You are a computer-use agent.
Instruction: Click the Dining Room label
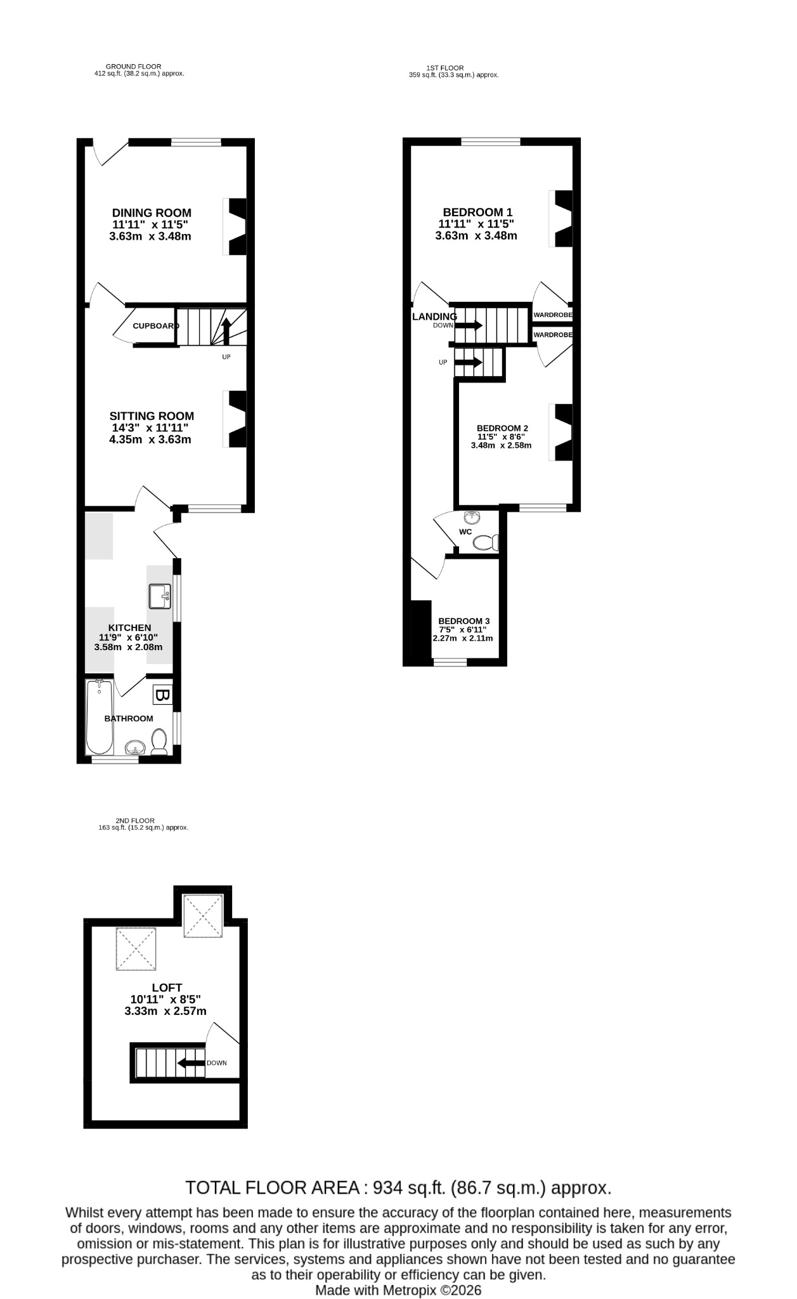[x=152, y=213]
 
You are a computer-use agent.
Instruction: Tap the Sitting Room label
[x=152, y=416]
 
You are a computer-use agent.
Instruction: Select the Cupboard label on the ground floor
[x=155, y=326]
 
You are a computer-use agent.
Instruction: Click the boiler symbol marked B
[x=162, y=695]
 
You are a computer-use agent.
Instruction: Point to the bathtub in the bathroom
[x=100, y=717]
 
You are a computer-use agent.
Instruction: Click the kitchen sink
[x=160, y=596]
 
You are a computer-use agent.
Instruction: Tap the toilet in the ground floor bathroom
[x=159, y=742]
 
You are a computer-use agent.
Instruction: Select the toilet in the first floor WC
[x=486, y=543]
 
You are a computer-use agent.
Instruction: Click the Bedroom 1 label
[x=477, y=212]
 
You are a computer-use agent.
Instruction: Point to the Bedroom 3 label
[x=464, y=621]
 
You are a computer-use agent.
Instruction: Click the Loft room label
[x=167, y=988]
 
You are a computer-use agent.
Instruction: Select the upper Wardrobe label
[x=553, y=315]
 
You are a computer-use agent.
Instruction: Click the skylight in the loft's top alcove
[x=203, y=916]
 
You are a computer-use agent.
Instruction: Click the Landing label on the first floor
[x=434, y=317]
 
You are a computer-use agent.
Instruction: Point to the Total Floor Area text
[x=398, y=1187]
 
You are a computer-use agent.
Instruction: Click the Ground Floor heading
[x=133, y=67]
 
